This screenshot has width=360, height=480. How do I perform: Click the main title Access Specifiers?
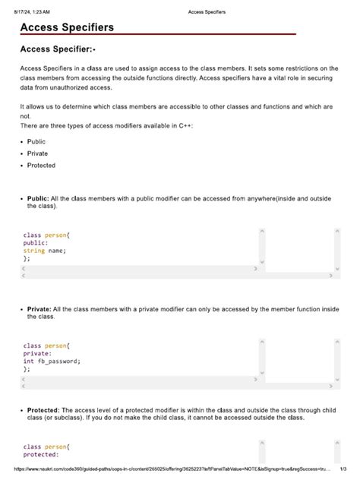coord(67,27)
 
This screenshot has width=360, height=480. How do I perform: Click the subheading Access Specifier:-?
coord(58,50)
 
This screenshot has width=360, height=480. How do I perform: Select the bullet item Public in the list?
coord(36,141)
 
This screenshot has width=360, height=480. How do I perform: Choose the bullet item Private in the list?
coord(37,153)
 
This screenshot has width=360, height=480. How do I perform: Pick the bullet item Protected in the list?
coord(41,165)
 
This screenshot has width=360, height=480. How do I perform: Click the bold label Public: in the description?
coord(39,198)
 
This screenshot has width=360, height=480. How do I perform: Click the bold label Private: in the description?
coord(39,309)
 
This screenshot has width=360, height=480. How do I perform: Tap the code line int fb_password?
coord(51,361)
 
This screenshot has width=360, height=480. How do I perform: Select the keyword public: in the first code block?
coord(36,243)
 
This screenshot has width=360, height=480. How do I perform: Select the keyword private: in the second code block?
coord(37,353)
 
